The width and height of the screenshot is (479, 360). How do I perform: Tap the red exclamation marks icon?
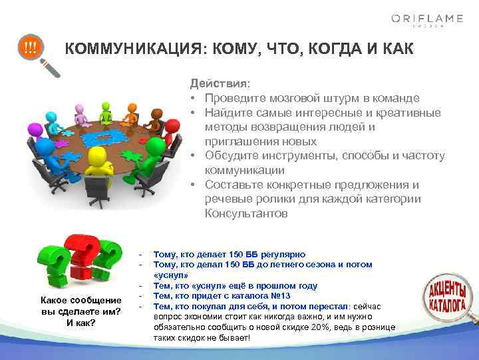pos(31,48)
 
